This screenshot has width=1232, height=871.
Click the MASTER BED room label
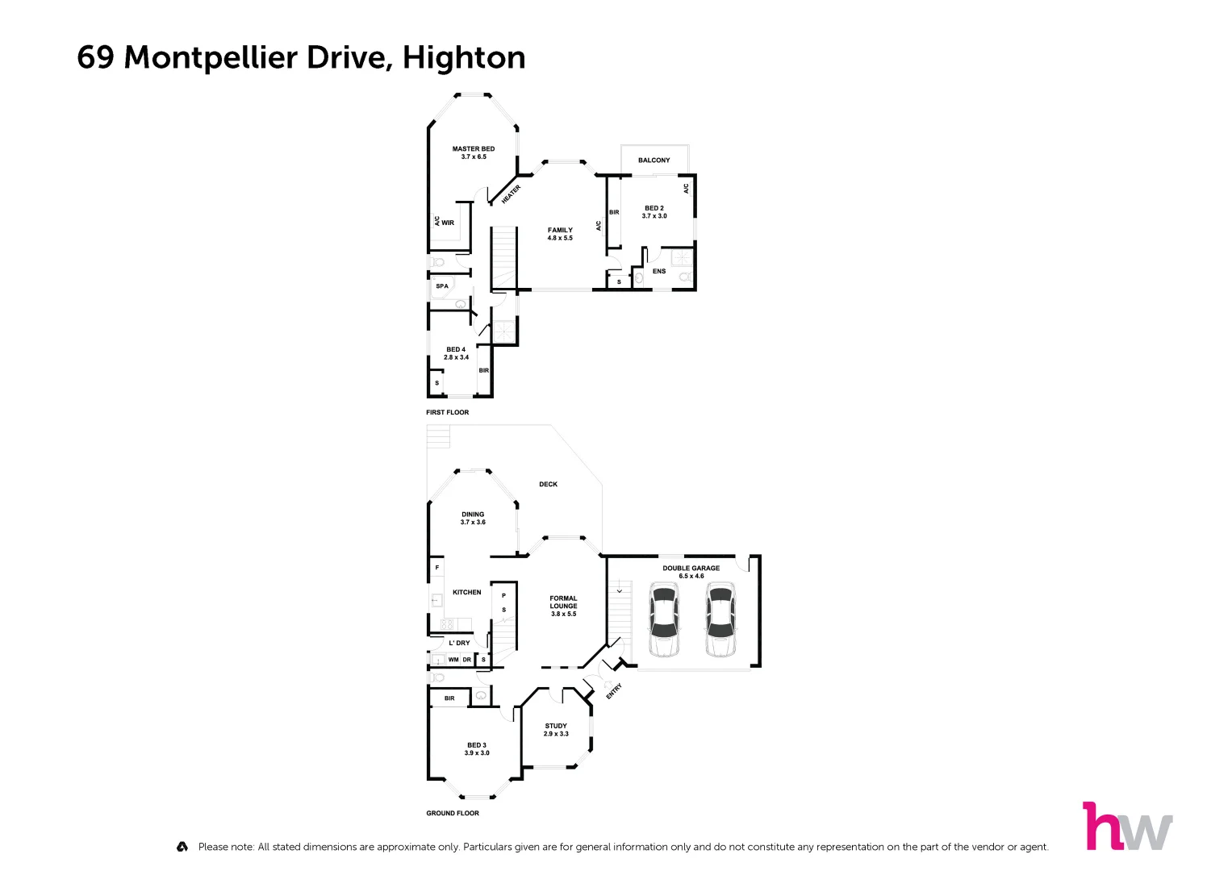click(474, 152)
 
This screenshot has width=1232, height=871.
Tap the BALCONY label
click(654, 160)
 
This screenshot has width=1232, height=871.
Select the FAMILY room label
click(560, 234)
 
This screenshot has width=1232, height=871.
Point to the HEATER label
click(512, 194)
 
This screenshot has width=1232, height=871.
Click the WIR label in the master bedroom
click(448, 223)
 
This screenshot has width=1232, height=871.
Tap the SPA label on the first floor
click(442, 286)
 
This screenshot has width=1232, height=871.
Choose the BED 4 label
click(456, 353)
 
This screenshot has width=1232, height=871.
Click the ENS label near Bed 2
click(659, 272)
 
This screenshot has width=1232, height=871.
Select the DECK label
click(549, 485)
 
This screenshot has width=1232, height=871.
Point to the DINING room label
click(473, 518)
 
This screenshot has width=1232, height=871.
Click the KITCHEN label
click(466, 593)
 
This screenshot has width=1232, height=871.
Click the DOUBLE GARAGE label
click(691, 572)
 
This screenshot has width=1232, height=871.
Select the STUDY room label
click(556, 730)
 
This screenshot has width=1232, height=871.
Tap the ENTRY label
click(614, 691)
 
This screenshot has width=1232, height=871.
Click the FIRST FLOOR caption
click(447, 413)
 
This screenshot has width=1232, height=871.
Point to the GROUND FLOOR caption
click(453, 814)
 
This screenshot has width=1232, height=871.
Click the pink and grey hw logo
click(1126, 827)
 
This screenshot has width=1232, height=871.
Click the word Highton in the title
click(464, 58)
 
